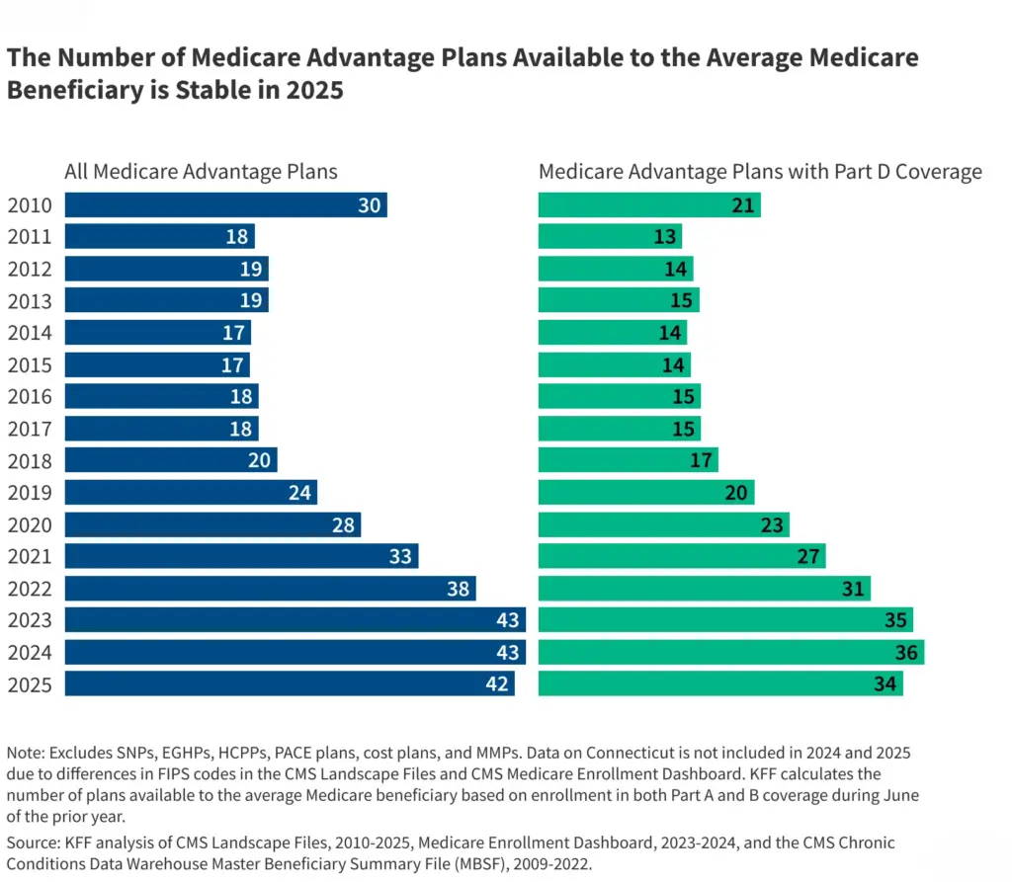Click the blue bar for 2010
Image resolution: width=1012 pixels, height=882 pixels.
tap(225, 204)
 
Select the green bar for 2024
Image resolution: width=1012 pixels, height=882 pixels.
tap(730, 652)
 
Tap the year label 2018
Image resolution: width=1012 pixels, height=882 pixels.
tap(30, 460)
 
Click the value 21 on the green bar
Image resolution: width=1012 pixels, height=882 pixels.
tap(742, 204)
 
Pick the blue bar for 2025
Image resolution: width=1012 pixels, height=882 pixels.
tap(289, 683)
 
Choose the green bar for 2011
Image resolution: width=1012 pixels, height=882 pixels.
tap(610, 236)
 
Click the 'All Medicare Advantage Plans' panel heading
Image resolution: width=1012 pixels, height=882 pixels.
tap(201, 172)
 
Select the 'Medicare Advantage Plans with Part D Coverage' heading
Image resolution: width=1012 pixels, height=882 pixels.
tap(760, 172)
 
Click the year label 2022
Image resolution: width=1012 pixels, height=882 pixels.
tap(30, 589)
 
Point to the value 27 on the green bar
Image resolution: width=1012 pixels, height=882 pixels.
tap(807, 556)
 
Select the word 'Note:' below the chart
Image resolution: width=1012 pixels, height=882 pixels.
tap(28, 753)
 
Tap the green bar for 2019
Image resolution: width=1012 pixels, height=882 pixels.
tap(645, 493)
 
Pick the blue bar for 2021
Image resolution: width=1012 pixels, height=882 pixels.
tap(241, 556)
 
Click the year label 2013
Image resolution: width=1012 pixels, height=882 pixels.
tap(30, 300)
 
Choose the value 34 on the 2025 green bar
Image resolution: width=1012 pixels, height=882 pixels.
tap(885, 683)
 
